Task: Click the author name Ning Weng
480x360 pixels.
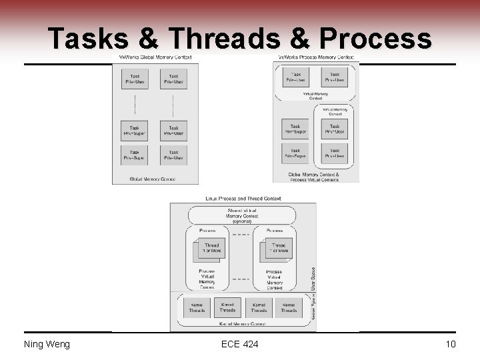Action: click(47, 344)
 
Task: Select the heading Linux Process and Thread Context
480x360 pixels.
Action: click(243, 198)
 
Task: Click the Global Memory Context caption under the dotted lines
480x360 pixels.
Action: click(153, 179)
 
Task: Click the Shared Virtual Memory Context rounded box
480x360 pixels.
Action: click(242, 215)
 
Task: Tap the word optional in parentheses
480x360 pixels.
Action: click(242, 221)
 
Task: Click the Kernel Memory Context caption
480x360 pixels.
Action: click(242, 323)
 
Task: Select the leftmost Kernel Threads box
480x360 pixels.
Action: click(197, 307)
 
